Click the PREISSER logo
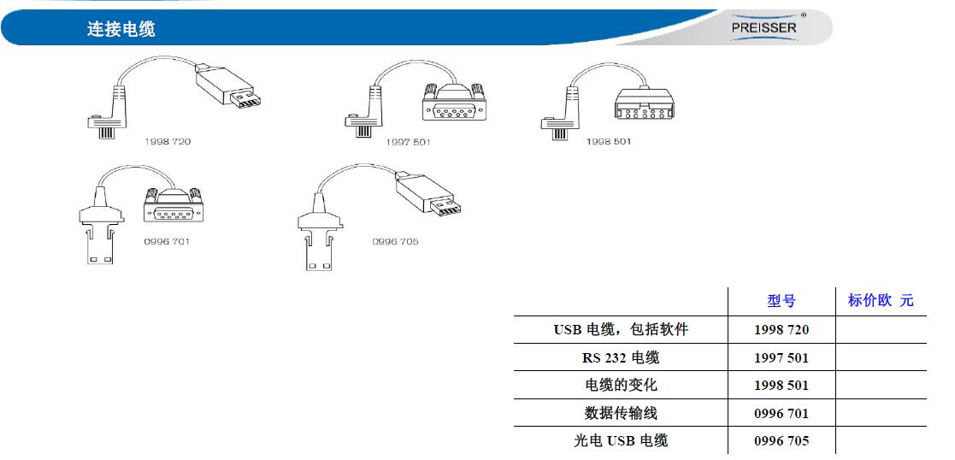[x=763, y=27]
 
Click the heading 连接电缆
[x=121, y=29]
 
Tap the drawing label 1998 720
[x=167, y=141]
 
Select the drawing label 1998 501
[x=608, y=141]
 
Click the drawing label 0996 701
[x=167, y=241]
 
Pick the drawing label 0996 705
[x=395, y=241]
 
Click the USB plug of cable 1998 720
[x=227, y=87]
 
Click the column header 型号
[x=781, y=301]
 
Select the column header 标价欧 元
[x=880, y=300]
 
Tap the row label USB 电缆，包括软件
[x=620, y=329]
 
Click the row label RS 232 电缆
[x=620, y=357]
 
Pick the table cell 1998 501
[x=781, y=385]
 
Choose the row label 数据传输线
[x=620, y=413]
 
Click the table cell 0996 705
[x=781, y=440]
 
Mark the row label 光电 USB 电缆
[x=620, y=440]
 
